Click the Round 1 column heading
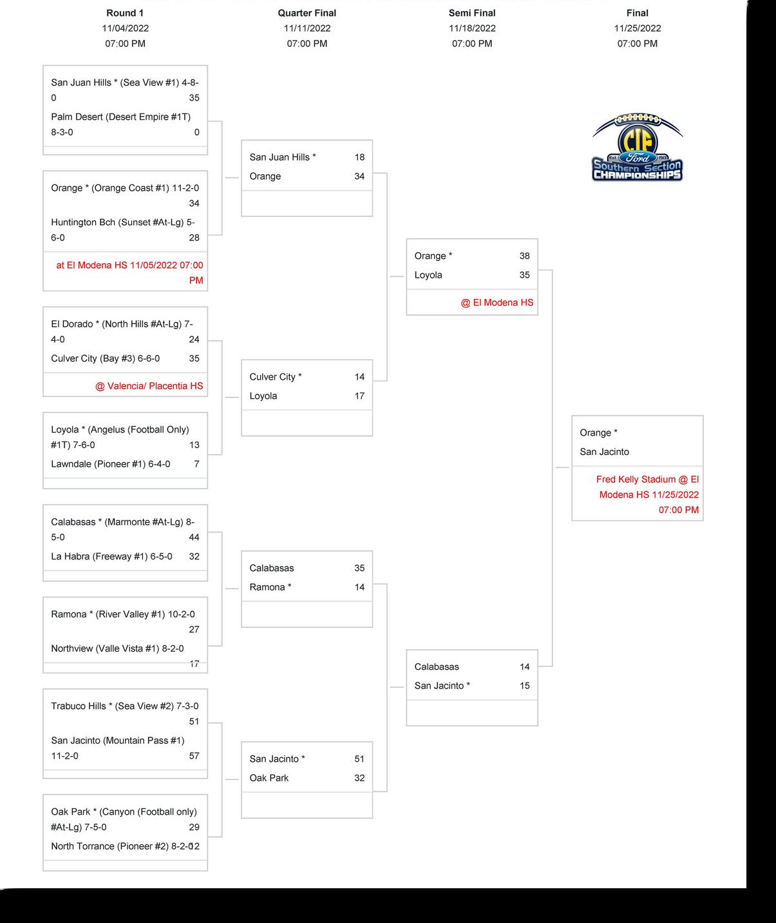(125, 13)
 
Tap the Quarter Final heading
(307, 13)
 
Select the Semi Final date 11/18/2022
(472, 28)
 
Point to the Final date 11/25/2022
(637, 28)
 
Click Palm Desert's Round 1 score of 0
(196, 132)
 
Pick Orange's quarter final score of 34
(359, 176)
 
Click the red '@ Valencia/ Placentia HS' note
(149, 386)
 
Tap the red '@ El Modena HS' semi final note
(497, 302)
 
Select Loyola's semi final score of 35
(524, 275)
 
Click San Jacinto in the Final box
(604, 452)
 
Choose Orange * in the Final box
(598, 432)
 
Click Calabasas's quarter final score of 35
(359, 568)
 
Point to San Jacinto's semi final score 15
(524, 686)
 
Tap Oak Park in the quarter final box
(269, 778)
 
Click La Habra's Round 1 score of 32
(194, 556)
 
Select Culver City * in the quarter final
(276, 377)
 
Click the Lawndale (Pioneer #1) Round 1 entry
(111, 464)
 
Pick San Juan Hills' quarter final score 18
(359, 157)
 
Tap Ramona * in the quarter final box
(270, 587)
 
